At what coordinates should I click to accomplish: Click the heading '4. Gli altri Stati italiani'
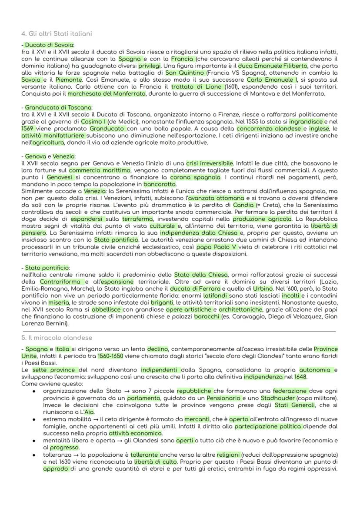click(57, 33)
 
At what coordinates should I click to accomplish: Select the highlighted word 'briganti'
click(162, 303)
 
